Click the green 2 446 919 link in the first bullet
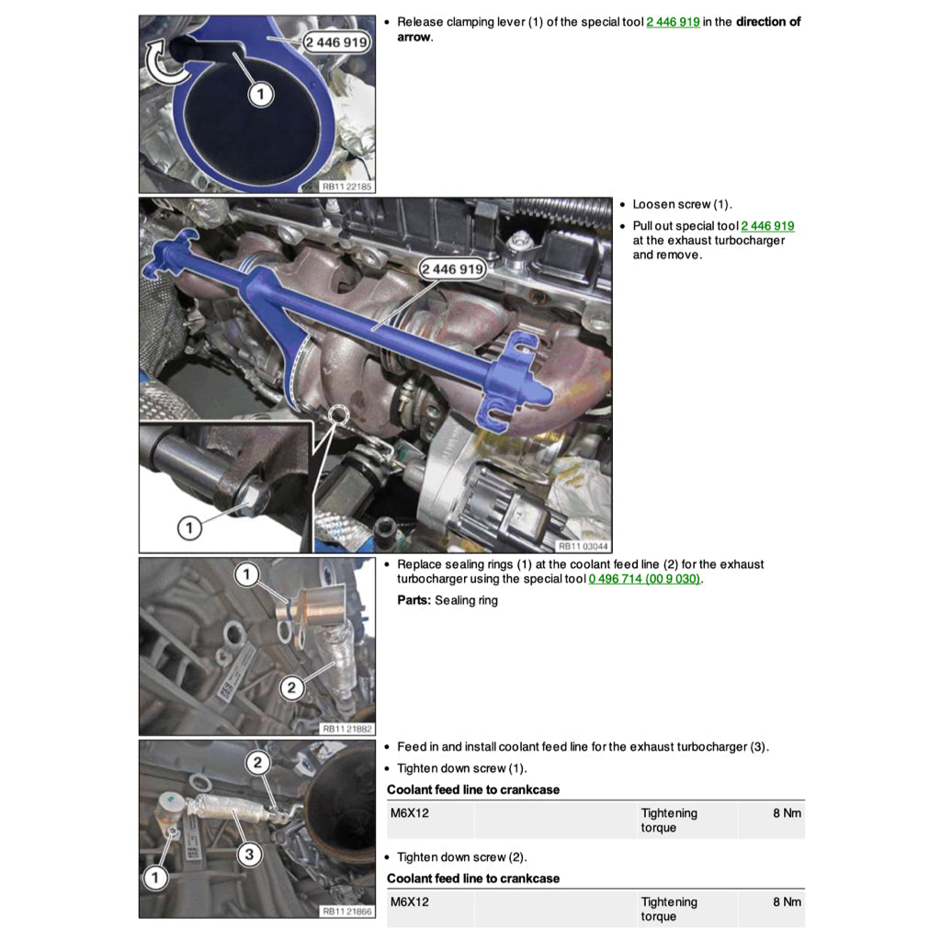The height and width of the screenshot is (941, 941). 673,22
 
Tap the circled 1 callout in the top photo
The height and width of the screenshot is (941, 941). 260,95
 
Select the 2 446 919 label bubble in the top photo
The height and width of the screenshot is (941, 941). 336,42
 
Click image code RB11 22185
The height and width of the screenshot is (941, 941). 346,187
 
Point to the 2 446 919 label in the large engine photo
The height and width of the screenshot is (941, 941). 452,269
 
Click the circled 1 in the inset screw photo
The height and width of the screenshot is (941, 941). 189,527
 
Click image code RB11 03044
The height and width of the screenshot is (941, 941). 583,546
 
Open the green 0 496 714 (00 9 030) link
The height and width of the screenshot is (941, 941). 644,579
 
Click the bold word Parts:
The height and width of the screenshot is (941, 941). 414,600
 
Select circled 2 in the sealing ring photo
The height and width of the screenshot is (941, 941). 291,687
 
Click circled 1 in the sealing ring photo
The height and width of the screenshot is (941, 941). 246,574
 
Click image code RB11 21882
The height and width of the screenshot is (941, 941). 346,729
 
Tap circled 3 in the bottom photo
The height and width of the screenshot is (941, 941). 250,854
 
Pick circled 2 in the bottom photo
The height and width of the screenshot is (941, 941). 258,763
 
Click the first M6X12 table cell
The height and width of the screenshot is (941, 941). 410,813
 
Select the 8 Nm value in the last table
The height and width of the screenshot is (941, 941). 787,902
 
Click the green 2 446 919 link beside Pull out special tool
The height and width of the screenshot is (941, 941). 767,226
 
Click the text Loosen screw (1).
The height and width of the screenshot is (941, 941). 683,205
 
